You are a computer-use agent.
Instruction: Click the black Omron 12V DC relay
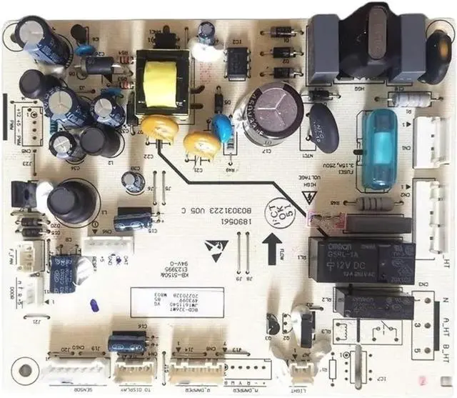(361, 260)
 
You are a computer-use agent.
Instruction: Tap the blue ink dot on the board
(92, 305)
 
